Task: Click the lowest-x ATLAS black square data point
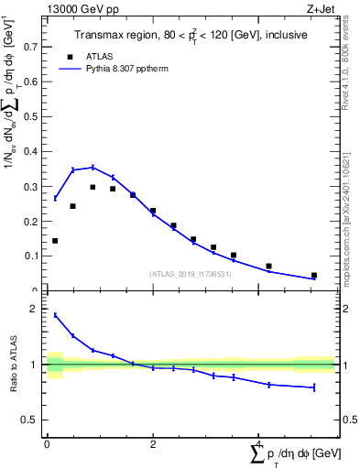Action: [55, 241]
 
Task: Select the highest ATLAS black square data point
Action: [93, 187]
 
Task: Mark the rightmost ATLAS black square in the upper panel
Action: [314, 275]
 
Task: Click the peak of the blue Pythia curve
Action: [93, 167]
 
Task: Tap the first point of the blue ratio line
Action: [55, 315]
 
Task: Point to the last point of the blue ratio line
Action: [314, 387]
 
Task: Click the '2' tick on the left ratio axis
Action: [38, 310]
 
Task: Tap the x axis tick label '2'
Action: [153, 444]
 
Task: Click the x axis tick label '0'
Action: [47, 444]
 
